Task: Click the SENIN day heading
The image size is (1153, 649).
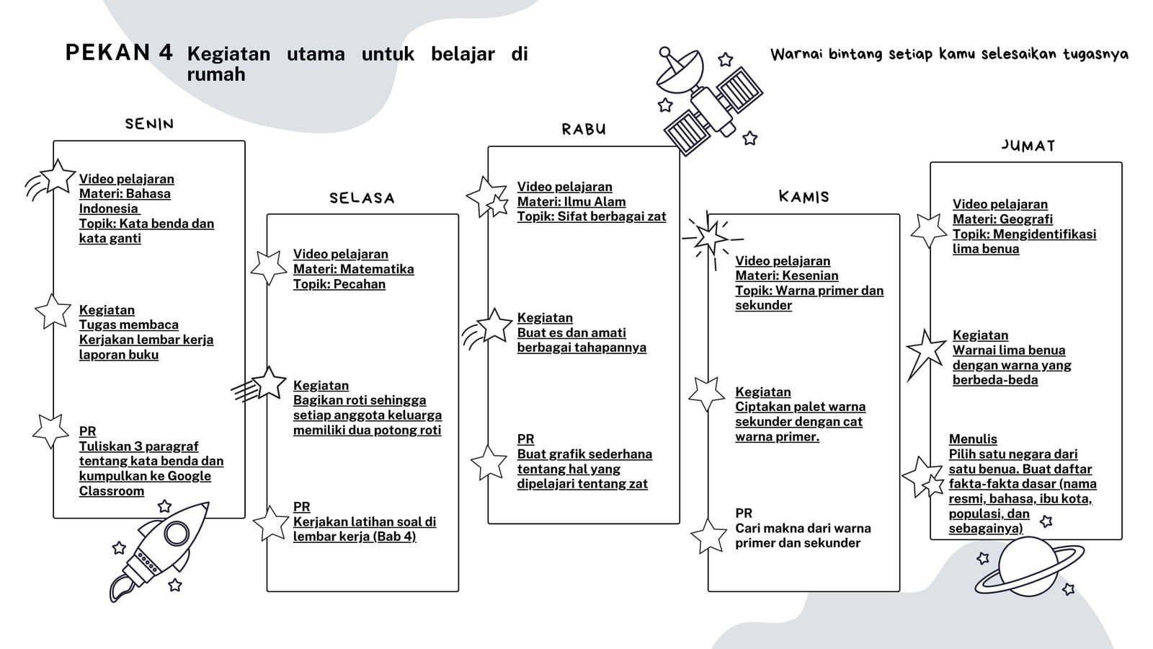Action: click(149, 124)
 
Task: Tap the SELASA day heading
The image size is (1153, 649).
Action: click(362, 198)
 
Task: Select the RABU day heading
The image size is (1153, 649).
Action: click(584, 129)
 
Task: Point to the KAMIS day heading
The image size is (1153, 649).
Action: click(803, 196)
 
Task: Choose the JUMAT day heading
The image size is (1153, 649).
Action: click(1028, 146)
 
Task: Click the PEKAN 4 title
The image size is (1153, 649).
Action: click(119, 53)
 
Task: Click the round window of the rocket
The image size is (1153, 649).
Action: click(177, 533)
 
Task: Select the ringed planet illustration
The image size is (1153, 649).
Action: click(1029, 567)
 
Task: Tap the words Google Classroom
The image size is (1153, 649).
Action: click(145, 483)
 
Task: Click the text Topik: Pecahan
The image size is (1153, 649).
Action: click(339, 284)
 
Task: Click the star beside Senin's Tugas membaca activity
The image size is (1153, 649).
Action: click(53, 312)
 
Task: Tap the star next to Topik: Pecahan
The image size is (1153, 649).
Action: click(269, 268)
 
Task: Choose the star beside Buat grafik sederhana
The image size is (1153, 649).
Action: click(489, 462)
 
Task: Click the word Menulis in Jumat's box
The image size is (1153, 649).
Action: click(973, 439)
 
